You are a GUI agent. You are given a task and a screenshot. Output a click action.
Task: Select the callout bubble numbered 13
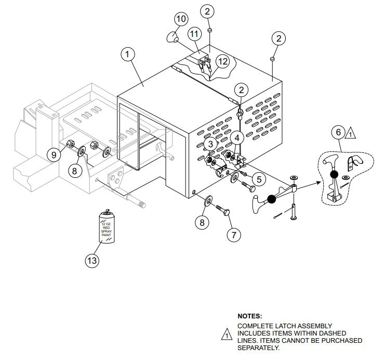[92, 260]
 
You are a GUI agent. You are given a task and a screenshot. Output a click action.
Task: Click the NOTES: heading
[249, 316]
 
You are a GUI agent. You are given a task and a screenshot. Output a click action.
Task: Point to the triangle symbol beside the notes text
[227, 335]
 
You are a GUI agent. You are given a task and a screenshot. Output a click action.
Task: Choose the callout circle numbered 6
[338, 133]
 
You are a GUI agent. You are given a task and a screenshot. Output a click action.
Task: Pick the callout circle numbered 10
[181, 19]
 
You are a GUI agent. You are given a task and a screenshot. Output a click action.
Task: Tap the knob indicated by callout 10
[173, 37]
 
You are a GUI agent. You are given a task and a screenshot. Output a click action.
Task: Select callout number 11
[194, 34]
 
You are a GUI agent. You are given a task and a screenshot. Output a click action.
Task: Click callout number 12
[222, 61]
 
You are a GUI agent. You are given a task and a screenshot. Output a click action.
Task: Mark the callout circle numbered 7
[233, 235]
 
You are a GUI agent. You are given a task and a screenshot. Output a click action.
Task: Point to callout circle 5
[260, 179]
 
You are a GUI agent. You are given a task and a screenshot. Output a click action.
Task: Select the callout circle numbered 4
[236, 138]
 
